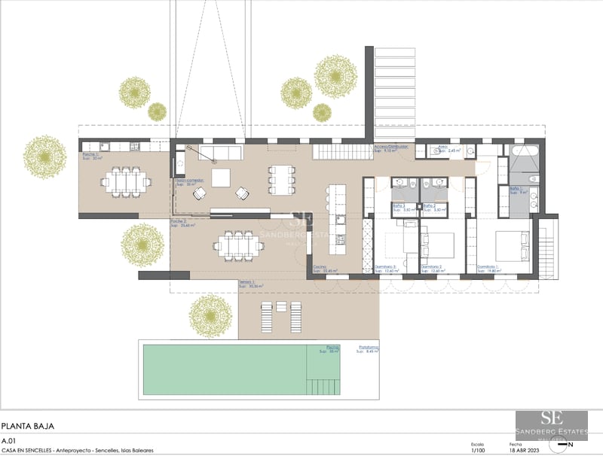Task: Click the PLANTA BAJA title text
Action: click(x=29, y=426)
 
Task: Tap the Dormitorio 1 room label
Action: click(x=490, y=268)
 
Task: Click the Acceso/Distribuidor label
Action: click(x=391, y=148)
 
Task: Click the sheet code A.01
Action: click(x=9, y=440)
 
